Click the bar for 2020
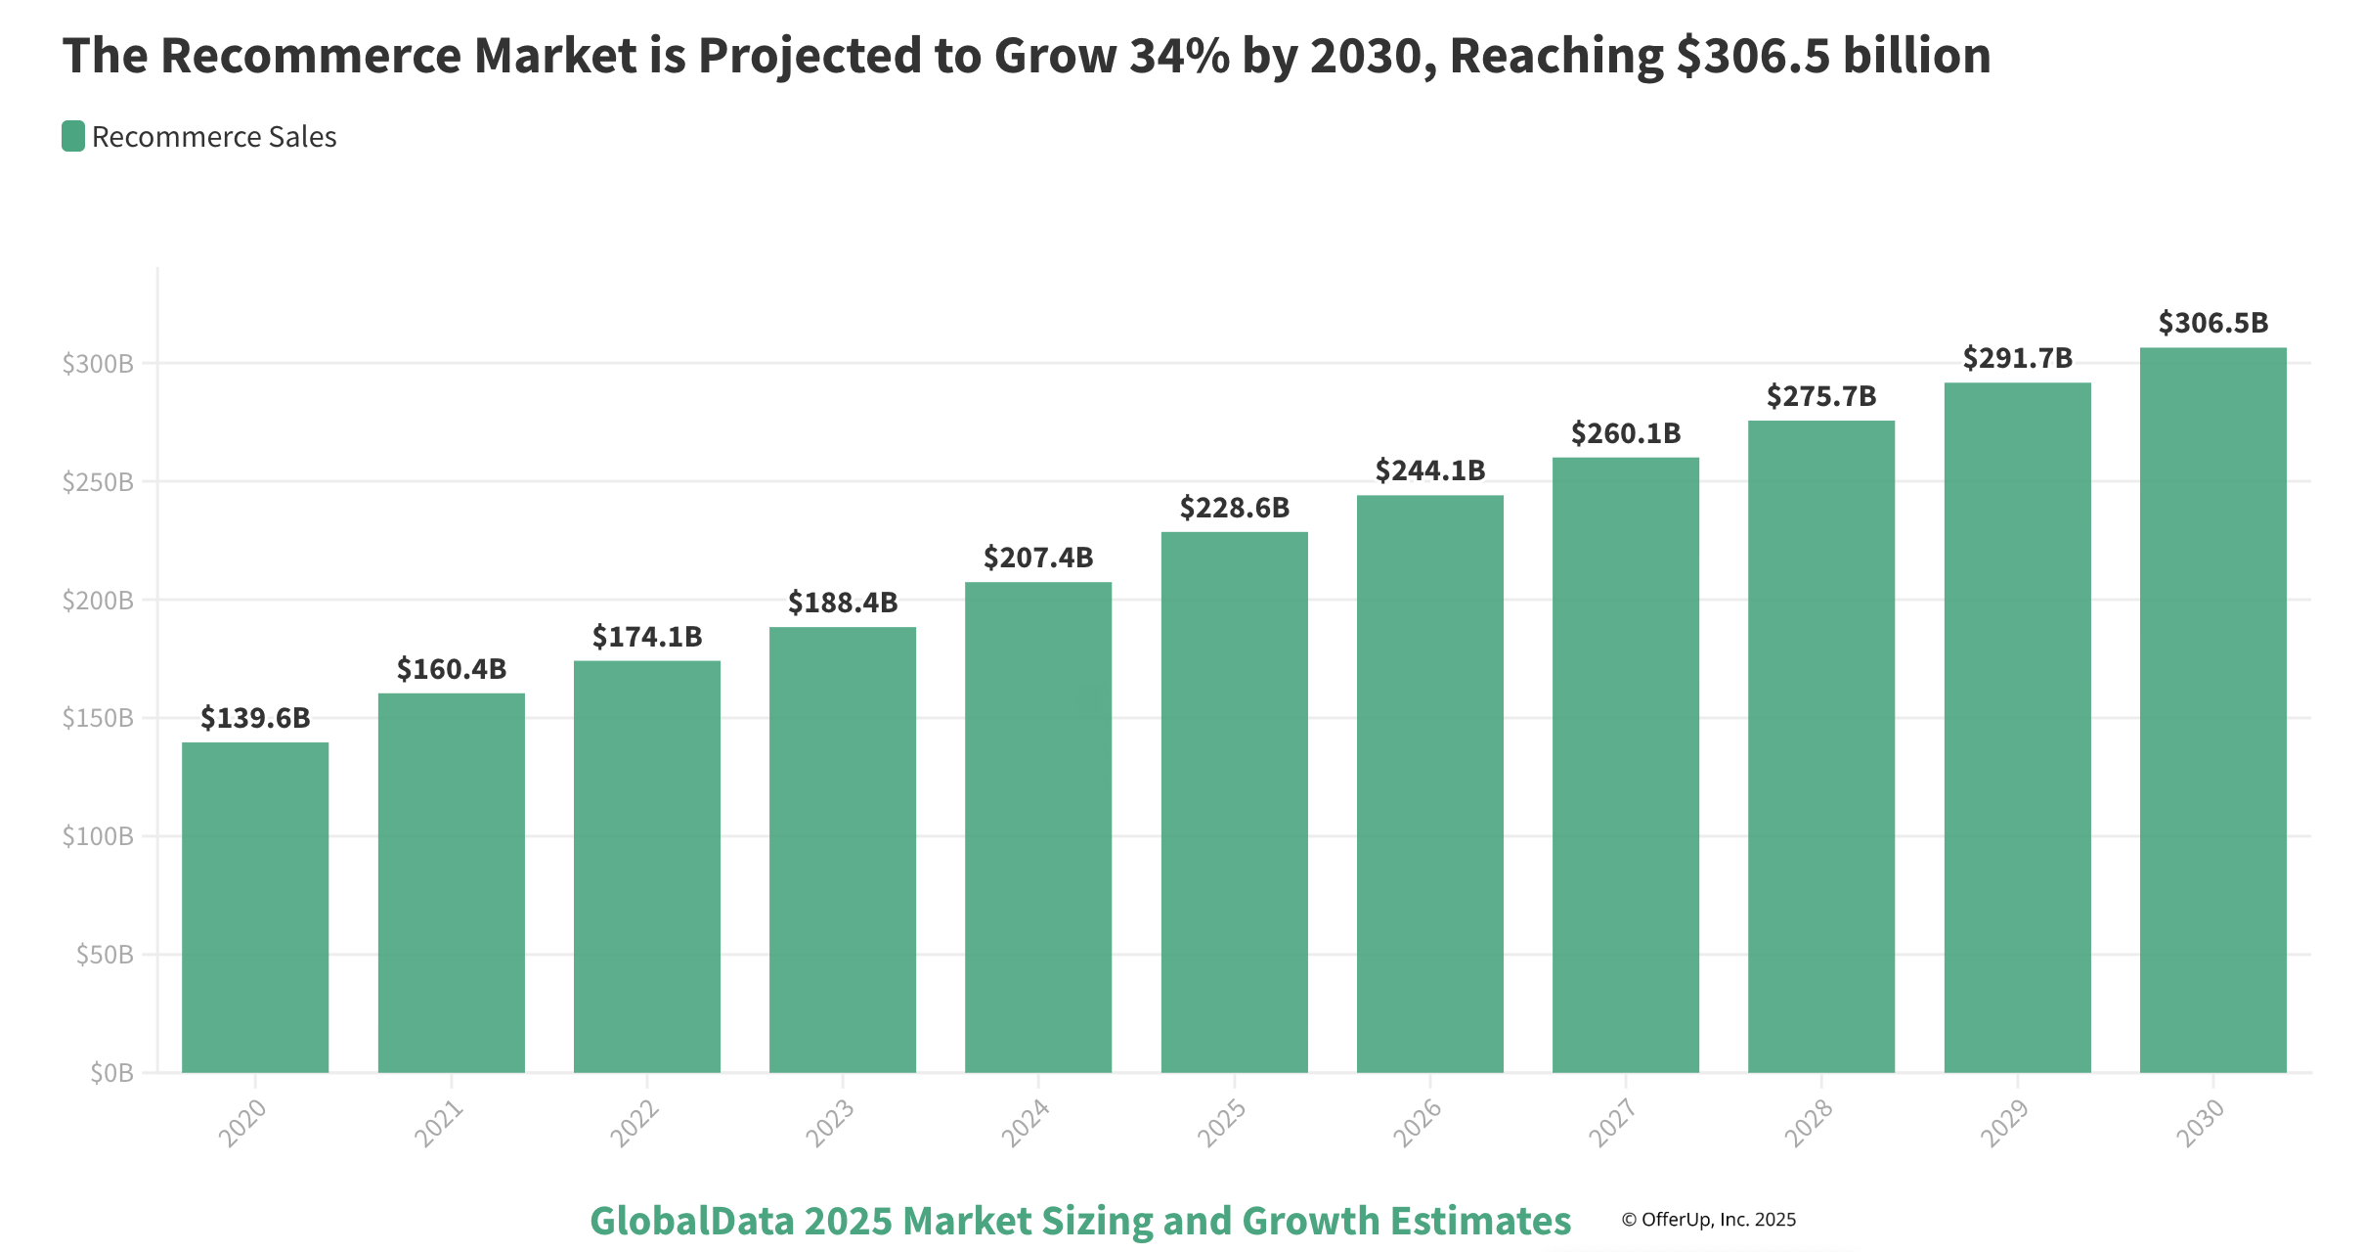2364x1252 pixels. pos(255,908)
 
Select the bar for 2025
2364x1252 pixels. pos(1234,802)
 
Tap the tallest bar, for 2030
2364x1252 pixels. pos(2212,710)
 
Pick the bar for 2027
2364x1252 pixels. pos(1625,765)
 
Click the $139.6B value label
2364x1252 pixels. pos(255,718)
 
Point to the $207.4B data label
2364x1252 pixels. pos(1038,558)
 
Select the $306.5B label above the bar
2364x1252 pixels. pos(2212,323)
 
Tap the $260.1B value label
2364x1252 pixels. pos(1625,433)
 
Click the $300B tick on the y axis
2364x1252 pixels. pos(98,364)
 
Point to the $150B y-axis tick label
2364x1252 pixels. pos(98,719)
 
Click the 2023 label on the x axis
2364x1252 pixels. pos(829,1123)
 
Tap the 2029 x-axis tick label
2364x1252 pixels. pos(2003,1123)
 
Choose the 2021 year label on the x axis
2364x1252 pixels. pos(438,1123)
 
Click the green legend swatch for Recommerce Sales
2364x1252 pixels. pos(73,137)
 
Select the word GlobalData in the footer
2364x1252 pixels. pos(691,1221)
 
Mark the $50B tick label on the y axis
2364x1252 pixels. pos(105,955)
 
